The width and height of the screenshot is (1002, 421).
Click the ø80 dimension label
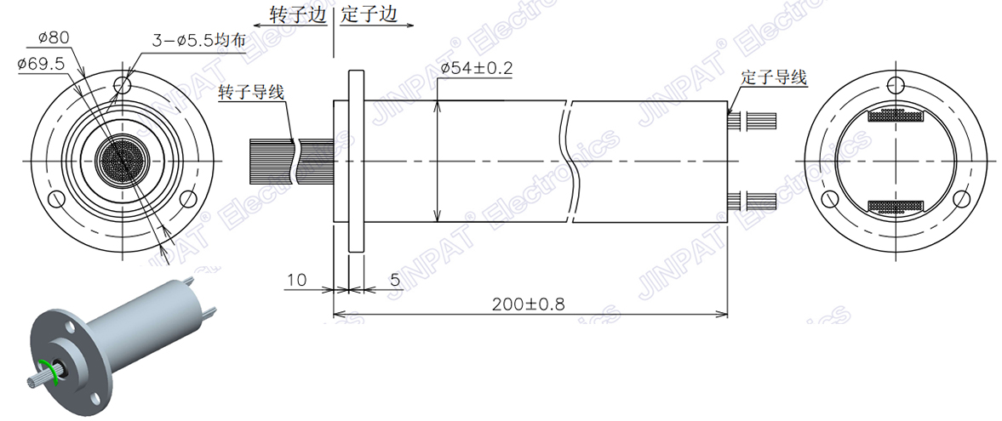tap(54, 37)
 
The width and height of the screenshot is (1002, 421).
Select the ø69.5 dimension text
tap(41, 63)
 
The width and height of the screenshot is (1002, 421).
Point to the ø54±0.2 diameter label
tap(477, 69)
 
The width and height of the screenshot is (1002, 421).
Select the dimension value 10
tap(296, 279)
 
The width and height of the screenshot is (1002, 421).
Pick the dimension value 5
tap(394, 279)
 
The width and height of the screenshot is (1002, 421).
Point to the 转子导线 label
tap(251, 92)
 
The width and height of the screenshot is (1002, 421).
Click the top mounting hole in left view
tap(123, 85)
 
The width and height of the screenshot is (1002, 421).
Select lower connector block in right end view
tap(895, 206)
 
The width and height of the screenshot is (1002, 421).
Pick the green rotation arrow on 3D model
tap(55, 373)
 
